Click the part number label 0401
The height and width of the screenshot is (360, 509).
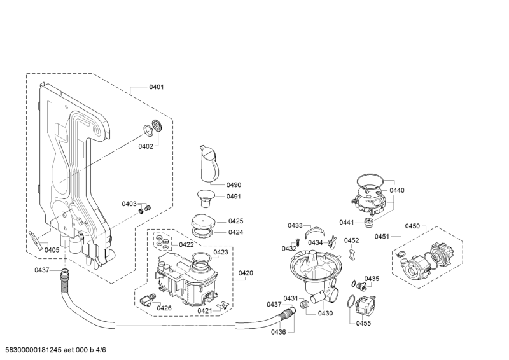[157, 87]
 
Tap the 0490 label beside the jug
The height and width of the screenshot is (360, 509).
[234, 185]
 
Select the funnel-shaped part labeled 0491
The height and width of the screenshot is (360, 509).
[205, 197]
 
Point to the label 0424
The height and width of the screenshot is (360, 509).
[236, 232]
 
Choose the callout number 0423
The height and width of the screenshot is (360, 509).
[221, 253]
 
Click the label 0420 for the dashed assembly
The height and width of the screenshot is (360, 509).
[246, 273]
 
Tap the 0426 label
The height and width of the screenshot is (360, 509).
[164, 308]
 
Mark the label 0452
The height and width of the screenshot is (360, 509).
[351, 240]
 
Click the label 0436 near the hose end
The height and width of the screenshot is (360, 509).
[278, 331]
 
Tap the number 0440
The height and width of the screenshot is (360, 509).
[397, 190]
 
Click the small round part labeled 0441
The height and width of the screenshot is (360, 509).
[368, 222]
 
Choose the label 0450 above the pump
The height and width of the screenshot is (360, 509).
[412, 226]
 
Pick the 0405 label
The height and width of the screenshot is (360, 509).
[52, 250]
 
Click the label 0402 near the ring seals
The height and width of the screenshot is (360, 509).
[146, 147]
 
